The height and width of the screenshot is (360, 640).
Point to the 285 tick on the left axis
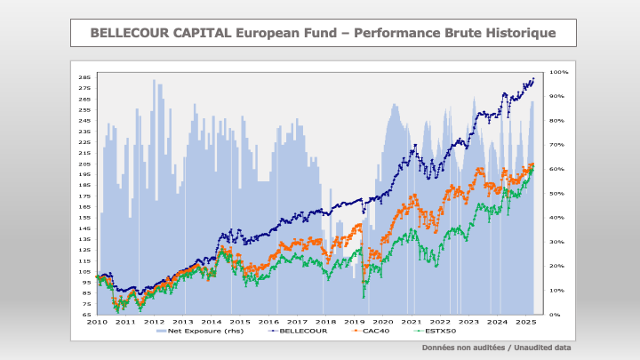pyautogui.click(x=85, y=77)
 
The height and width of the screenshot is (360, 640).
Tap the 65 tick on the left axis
pyautogui.click(x=86, y=315)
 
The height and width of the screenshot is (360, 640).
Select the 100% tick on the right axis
pyautogui.click(x=559, y=72)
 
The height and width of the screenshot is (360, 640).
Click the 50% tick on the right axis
pyautogui.click(x=558, y=193)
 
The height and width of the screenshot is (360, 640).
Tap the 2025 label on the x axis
pyautogui.click(x=525, y=322)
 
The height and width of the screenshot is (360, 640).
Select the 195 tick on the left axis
pyautogui.click(x=85, y=174)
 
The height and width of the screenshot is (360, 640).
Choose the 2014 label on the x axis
pyautogui.click(x=211, y=322)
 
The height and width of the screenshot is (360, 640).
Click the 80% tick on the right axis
pyautogui.click(x=558, y=120)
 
